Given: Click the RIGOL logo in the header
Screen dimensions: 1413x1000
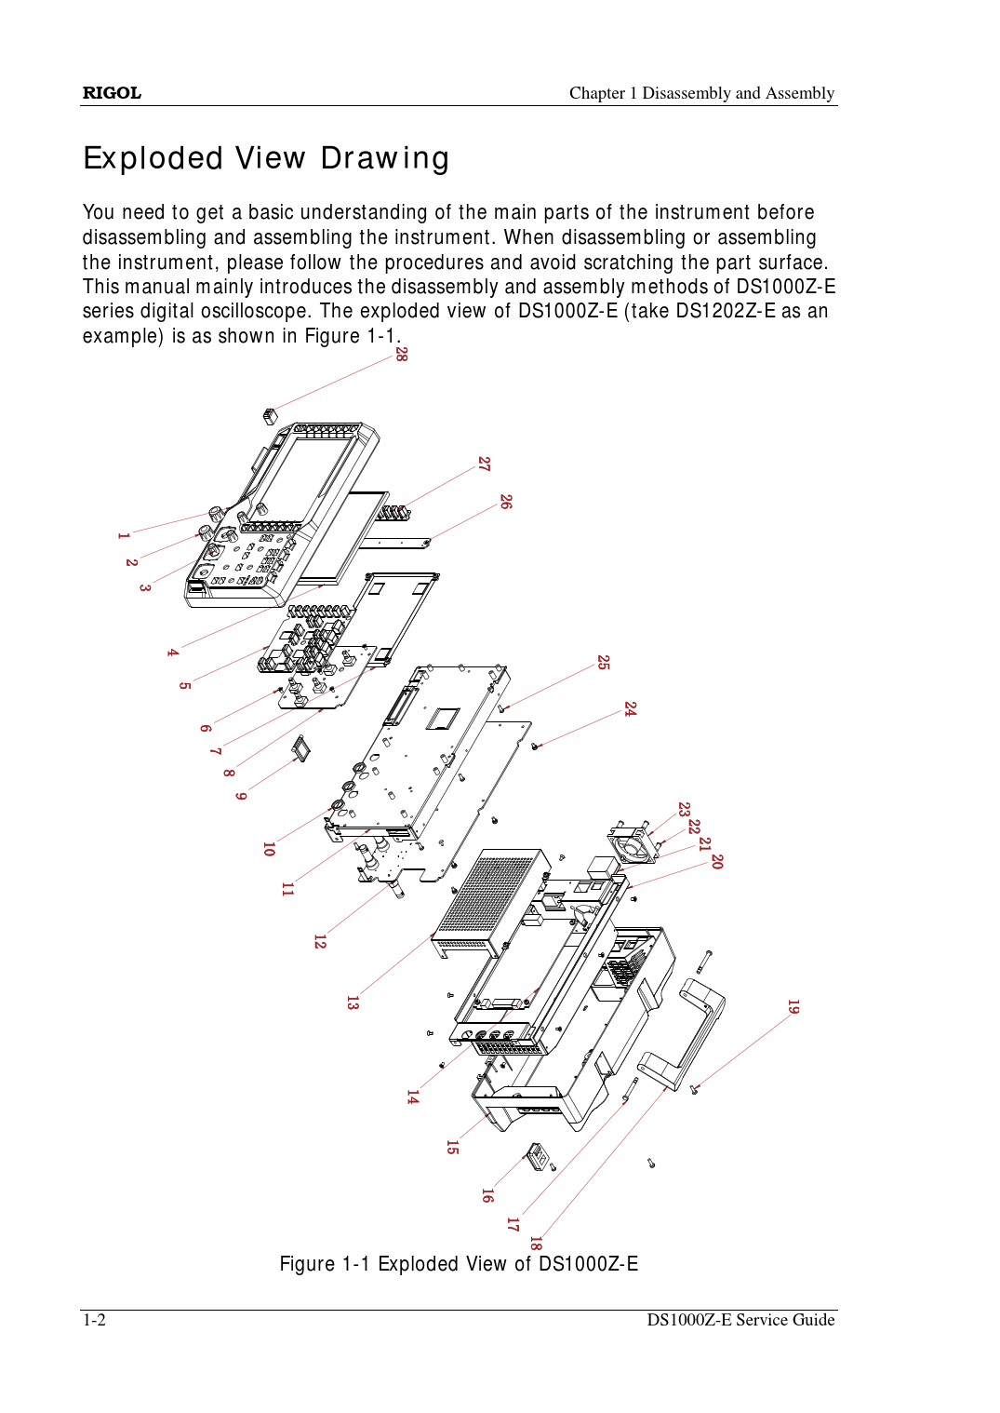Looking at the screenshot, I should point(112,93).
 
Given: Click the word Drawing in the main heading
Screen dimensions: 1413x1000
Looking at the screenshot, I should point(384,159).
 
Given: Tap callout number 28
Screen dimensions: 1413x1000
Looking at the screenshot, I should point(401,354).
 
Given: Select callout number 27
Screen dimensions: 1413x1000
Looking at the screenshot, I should point(484,464).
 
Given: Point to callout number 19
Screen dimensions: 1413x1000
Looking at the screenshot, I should point(793,1007).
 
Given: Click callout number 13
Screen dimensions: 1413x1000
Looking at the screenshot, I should point(352,1003).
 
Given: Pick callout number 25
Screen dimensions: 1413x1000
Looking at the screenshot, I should point(603,663).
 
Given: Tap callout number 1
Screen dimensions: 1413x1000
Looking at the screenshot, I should point(123,535).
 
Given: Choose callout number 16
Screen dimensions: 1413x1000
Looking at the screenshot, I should point(487,1196).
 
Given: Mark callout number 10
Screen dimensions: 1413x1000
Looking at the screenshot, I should point(268,849).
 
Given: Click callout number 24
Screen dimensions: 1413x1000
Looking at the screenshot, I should point(630,709).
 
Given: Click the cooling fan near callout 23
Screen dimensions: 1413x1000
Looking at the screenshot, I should point(633,845).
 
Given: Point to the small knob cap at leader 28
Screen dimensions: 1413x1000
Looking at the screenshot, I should point(270,415).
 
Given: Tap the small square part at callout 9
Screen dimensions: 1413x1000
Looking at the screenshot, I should point(300,747).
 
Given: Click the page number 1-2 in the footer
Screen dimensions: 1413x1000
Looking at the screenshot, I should point(94,1320).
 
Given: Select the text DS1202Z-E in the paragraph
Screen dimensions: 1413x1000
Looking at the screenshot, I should point(726,311).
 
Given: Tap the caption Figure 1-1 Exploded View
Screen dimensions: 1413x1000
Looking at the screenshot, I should point(459,1264).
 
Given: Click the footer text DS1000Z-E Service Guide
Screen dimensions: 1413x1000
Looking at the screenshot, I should point(740,1320).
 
